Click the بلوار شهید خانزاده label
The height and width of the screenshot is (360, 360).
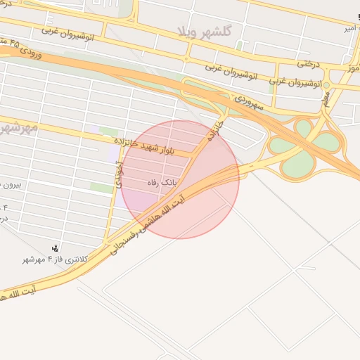(156, 146)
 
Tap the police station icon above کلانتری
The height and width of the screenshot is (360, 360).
(56, 247)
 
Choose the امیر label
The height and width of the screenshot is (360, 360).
(347, 29)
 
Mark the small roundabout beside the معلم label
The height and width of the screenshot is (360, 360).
(326, 86)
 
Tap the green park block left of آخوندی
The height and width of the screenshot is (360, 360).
(102, 188)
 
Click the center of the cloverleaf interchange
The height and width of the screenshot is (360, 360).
(304, 148)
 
